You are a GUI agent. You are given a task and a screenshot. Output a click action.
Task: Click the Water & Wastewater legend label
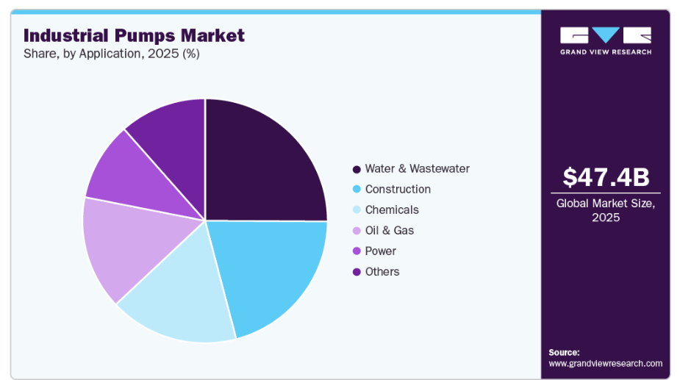point(417,168)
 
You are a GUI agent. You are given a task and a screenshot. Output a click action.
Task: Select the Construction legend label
point(398,189)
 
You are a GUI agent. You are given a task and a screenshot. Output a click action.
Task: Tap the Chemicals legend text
point(392,209)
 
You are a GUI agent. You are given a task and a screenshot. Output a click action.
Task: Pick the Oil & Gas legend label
point(389,230)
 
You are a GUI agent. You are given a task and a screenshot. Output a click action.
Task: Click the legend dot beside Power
point(357,251)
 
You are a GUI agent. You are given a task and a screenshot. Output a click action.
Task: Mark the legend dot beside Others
point(357,272)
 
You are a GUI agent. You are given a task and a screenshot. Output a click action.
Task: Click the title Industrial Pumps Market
point(134,35)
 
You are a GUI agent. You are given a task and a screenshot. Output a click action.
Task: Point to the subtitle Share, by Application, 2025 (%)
point(111,53)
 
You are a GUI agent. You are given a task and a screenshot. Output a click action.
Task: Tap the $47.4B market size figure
point(606,177)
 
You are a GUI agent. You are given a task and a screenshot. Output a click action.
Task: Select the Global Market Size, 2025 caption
point(606,210)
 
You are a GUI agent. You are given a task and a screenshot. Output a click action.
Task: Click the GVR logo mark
point(605,35)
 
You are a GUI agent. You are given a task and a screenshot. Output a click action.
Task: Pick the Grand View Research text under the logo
point(605,51)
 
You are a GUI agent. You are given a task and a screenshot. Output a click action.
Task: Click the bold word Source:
point(564,352)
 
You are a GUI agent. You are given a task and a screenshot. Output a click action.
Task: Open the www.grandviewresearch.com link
point(605,363)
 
